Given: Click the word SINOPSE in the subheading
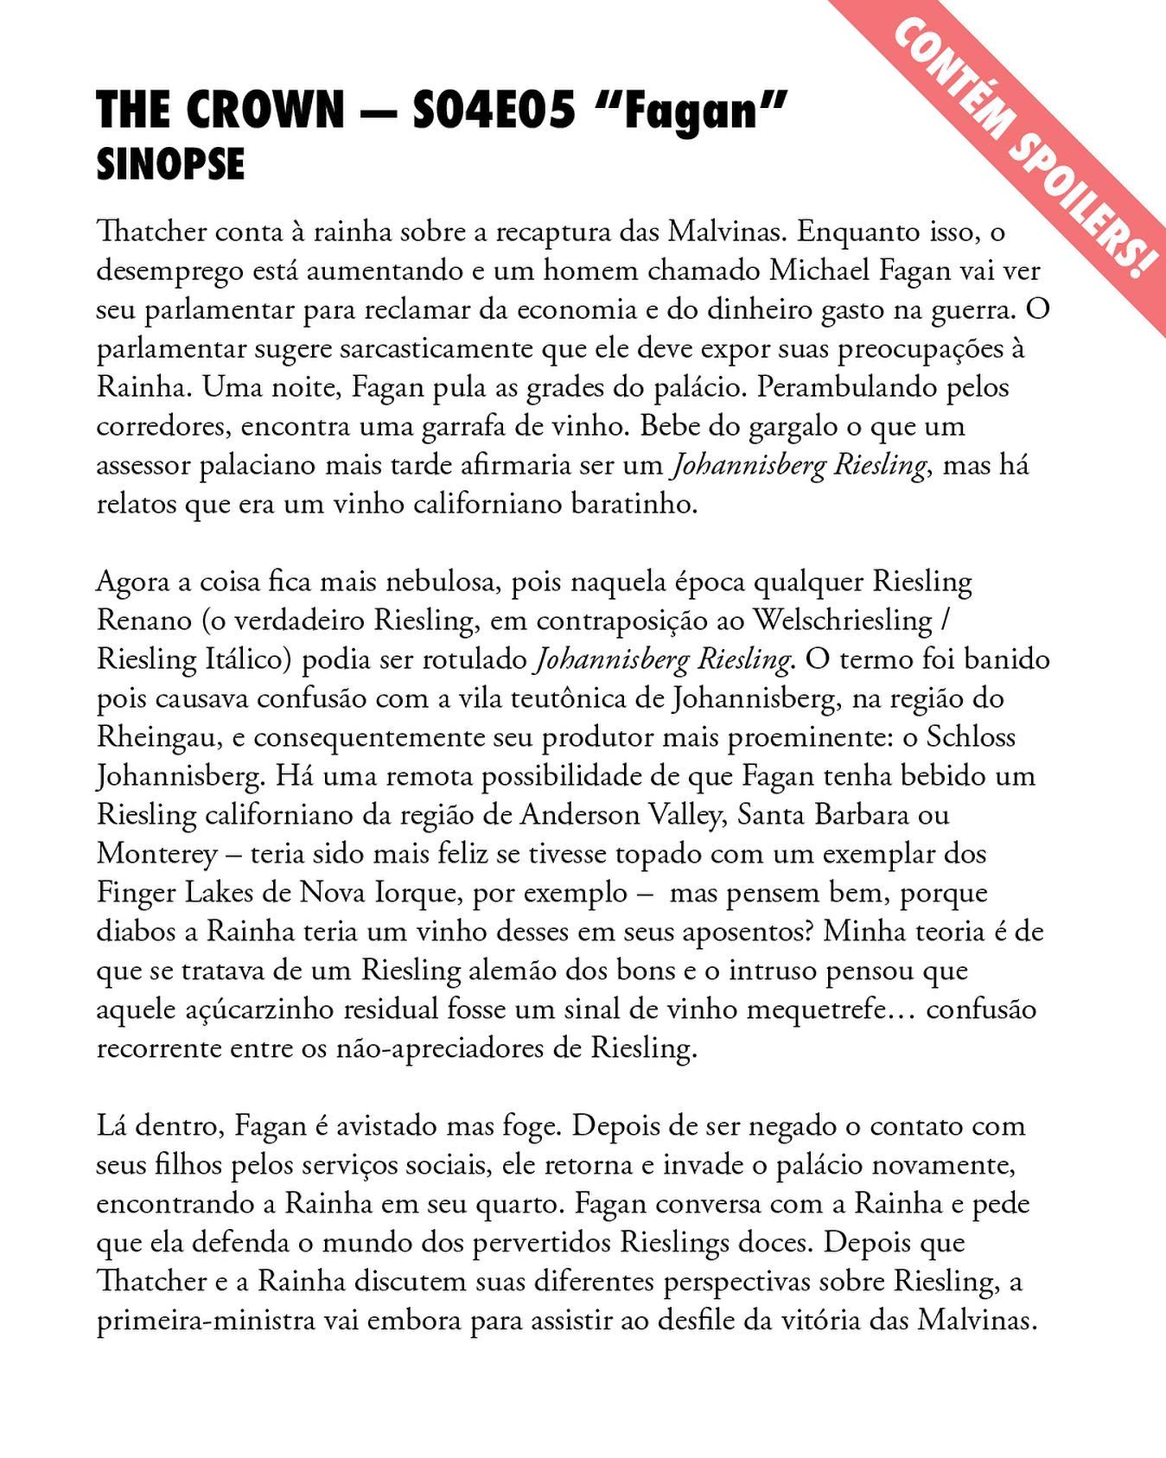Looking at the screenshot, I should [x=170, y=164].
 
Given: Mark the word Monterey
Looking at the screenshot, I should [x=156, y=854].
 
